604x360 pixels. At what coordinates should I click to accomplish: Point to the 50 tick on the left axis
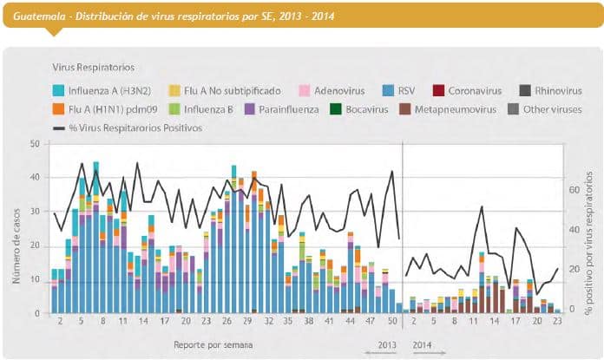35,143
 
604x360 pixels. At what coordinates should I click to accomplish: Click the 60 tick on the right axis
574,188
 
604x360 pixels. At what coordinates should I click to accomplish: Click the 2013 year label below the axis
386,344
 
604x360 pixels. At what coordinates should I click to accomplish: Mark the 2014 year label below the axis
422,344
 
